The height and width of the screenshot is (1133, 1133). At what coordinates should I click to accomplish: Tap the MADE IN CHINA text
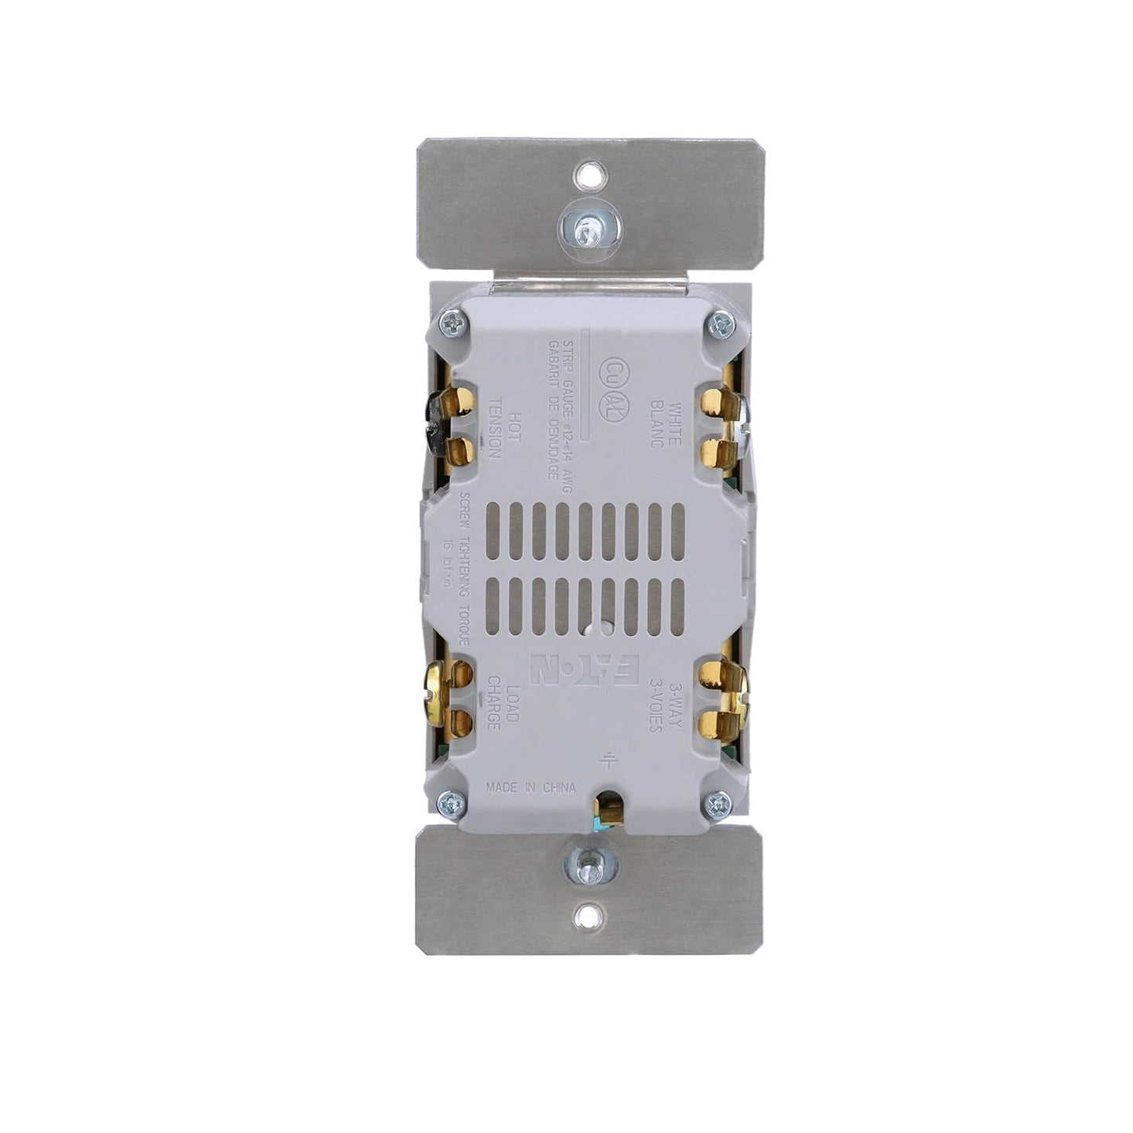click(531, 788)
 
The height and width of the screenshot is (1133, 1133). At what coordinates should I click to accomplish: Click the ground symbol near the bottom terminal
click(608, 759)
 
